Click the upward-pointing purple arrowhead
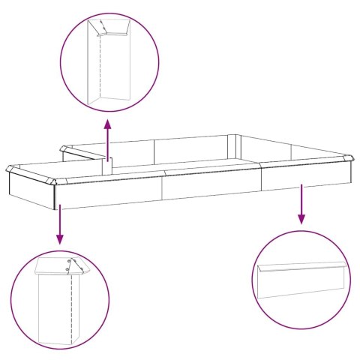click(108, 123)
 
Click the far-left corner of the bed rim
click(8, 167)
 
